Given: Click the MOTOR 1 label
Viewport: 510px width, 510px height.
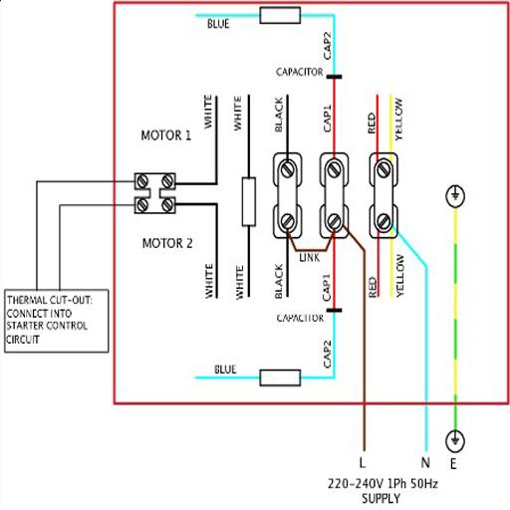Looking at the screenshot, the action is [x=166, y=135].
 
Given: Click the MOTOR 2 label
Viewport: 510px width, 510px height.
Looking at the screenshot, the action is [x=167, y=243].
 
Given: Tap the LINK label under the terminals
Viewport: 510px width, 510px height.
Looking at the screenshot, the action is [x=310, y=258].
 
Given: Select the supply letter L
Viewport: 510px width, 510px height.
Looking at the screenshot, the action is [x=363, y=462].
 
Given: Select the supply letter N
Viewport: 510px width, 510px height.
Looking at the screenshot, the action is [x=425, y=462].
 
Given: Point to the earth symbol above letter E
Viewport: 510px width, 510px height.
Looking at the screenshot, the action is [x=455, y=441].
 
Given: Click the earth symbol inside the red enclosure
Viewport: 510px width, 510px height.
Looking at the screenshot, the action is [x=455, y=195].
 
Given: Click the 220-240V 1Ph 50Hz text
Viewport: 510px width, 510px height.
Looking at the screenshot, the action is [x=382, y=483].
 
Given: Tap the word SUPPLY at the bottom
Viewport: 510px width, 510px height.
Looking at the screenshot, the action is [x=381, y=499].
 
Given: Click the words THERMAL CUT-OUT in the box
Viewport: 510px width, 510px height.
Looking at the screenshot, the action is [x=50, y=300].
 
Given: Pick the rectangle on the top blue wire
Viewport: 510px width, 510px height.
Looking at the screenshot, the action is [x=280, y=16].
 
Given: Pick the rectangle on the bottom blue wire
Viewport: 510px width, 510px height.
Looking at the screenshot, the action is [x=280, y=378].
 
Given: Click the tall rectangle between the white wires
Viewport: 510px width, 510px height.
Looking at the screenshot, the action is [x=249, y=201].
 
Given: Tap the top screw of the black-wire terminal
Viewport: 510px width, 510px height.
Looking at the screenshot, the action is [x=288, y=168].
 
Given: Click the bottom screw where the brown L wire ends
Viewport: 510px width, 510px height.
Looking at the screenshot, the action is [x=334, y=221].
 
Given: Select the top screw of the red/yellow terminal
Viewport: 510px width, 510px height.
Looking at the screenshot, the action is [x=383, y=168].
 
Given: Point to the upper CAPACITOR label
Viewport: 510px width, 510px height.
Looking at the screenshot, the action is [x=300, y=72].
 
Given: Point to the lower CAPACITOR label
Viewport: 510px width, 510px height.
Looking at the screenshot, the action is [x=300, y=318].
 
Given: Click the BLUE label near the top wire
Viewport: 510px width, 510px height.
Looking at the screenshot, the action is [x=218, y=24].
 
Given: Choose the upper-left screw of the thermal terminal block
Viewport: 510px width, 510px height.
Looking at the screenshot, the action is [x=142, y=181].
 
